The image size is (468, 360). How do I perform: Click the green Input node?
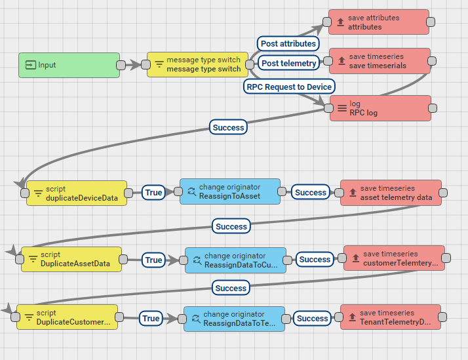(x=69, y=65)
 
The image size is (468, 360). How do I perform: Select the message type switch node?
(x=197, y=65)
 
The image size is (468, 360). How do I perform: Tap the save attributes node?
(x=379, y=22)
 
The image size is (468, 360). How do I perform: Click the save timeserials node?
(x=380, y=61)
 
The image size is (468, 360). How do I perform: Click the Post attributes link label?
(x=288, y=44)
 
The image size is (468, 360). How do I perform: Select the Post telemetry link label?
(x=288, y=63)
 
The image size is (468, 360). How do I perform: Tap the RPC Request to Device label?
(x=289, y=87)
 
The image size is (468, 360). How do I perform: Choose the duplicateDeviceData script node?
(x=76, y=193)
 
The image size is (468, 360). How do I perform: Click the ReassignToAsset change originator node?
(x=229, y=191)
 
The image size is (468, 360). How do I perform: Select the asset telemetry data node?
(x=391, y=193)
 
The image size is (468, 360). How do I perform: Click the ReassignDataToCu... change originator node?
(x=235, y=260)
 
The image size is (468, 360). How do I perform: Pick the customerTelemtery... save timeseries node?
(x=394, y=258)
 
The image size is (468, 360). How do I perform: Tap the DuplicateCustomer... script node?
(x=67, y=317)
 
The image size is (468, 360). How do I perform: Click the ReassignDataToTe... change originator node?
(x=234, y=319)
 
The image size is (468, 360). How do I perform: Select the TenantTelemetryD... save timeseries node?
(x=390, y=317)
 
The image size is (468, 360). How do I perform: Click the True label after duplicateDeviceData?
(x=153, y=193)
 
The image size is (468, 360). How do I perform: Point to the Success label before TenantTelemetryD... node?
(x=312, y=319)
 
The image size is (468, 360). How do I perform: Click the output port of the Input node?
(x=121, y=65)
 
